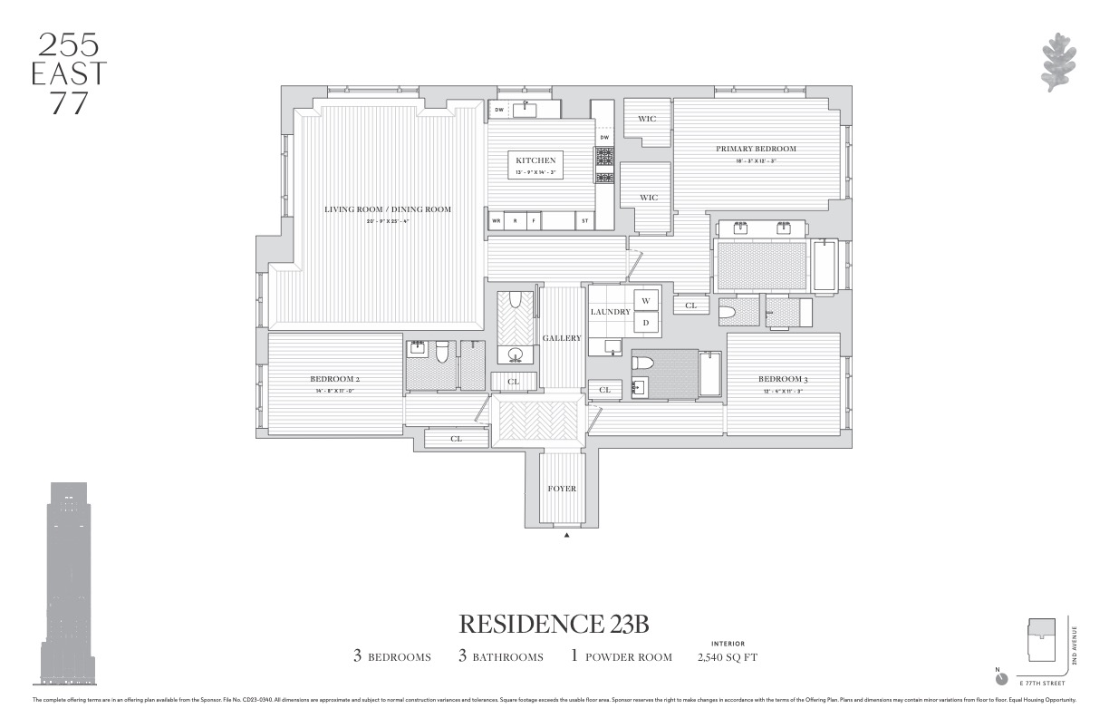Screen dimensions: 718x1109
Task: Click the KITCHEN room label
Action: (535, 160)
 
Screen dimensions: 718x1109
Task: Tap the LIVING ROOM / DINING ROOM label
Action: (388, 209)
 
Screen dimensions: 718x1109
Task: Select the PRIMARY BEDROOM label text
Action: (756, 149)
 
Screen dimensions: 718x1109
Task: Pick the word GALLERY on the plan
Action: (562, 338)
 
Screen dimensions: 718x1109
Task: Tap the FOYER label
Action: (562, 489)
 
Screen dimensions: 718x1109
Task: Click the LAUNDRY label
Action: (610, 312)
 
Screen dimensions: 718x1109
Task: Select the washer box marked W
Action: (647, 301)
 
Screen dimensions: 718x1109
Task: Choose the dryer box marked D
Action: (647, 322)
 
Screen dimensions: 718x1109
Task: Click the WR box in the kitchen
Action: (497, 220)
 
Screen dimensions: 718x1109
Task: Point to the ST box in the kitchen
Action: (584, 220)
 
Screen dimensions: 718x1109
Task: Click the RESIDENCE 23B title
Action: (554, 625)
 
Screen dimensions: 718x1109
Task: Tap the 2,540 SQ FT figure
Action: (727, 657)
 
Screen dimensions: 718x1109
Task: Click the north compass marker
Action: (1001, 679)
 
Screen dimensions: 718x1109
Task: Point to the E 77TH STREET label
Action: (1041, 683)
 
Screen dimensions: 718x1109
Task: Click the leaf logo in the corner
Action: (1056, 63)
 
